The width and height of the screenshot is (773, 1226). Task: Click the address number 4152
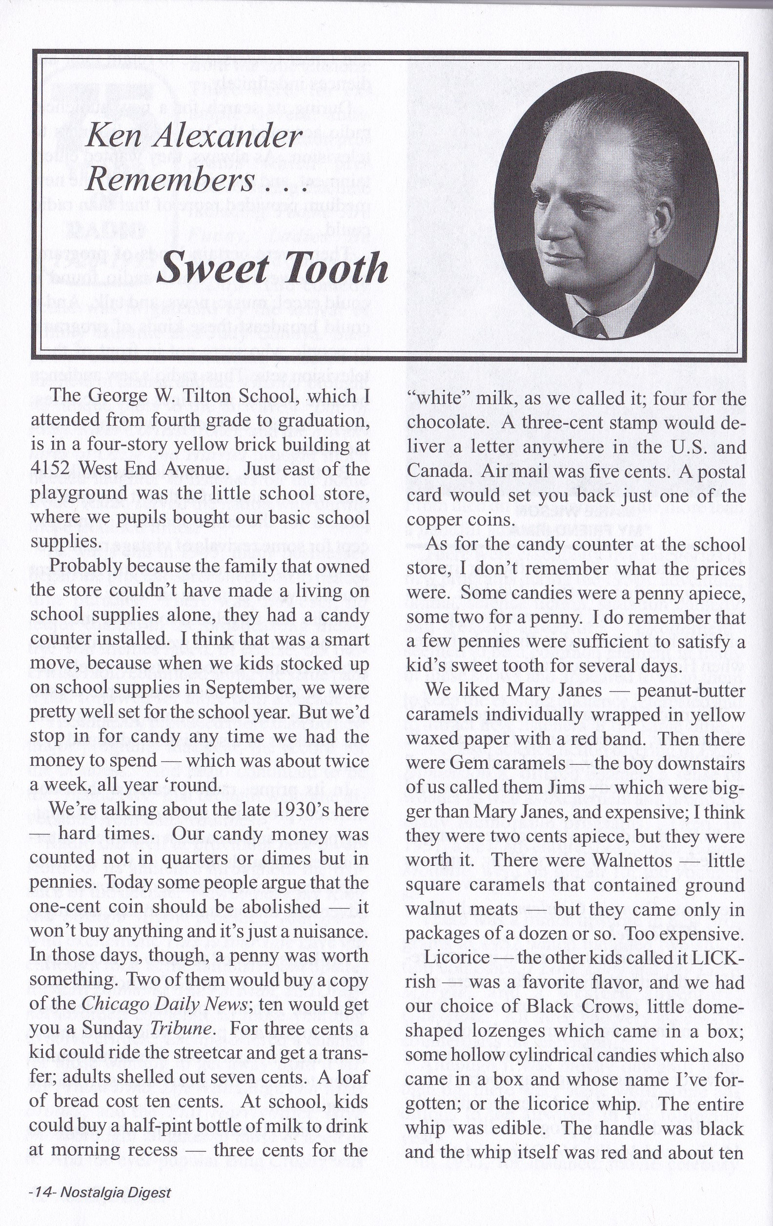(x=55, y=469)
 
